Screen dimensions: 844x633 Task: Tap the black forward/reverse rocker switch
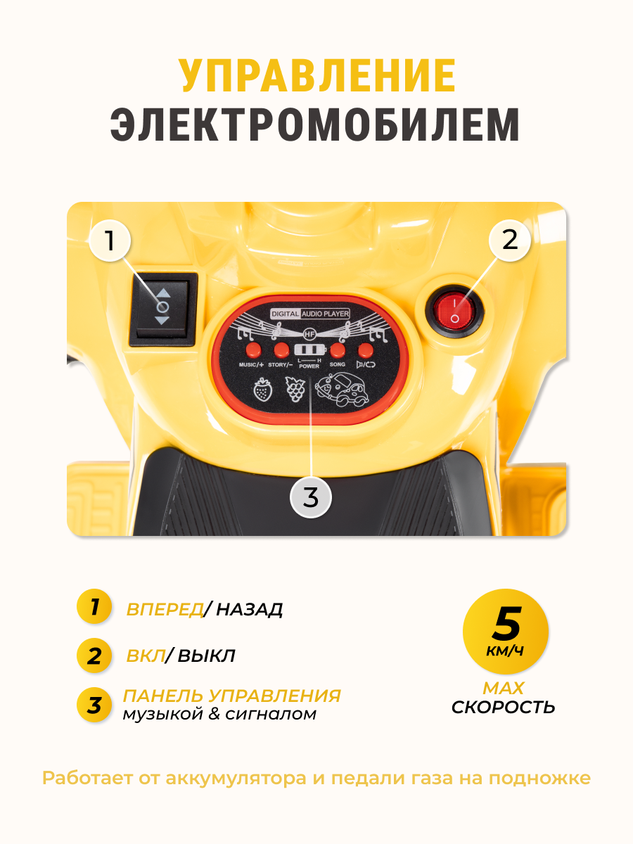pyautogui.click(x=163, y=308)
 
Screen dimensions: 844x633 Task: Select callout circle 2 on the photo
pyautogui.click(x=510, y=241)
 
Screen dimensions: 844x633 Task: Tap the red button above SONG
pyautogui.click(x=338, y=350)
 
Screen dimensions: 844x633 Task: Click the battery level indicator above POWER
pyautogui.click(x=309, y=350)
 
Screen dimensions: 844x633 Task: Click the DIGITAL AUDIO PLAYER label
pyautogui.click(x=310, y=314)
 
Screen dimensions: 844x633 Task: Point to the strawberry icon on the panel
pyautogui.click(x=263, y=390)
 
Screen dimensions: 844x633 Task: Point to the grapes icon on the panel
pyautogui.click(x=294, y=388)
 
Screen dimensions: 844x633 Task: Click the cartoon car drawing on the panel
pyautogui.click(x=341, y=389)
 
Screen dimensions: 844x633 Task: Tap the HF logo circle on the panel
pyautogui.click(x=309, y=333)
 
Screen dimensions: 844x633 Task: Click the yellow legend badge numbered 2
pyautogui.click(x=94, y=656)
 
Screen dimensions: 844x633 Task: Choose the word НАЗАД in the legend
pyautogui.click(x=249, y=609)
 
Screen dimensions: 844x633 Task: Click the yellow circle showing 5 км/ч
pyautogui.click(x=505, y=632)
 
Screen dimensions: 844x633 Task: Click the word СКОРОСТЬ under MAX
pyautogui.click(x=503, y=707)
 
